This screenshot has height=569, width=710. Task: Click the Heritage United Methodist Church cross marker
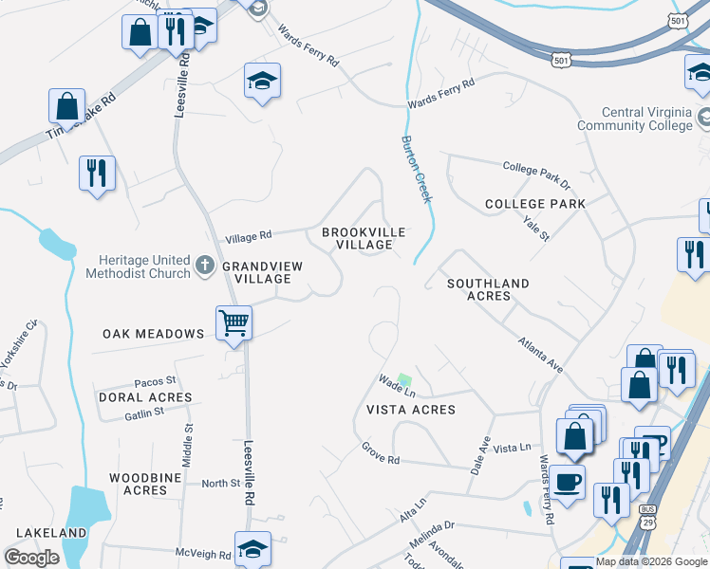(205, 266)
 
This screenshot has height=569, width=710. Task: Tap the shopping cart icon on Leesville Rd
(234, 323)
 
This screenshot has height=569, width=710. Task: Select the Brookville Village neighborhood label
(364, 238)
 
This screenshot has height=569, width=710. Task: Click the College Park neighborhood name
(534, 204)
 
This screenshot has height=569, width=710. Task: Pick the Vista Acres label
(411, 410)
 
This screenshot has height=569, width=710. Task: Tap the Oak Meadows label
(154, 334)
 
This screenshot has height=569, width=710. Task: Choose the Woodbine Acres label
(145, 484)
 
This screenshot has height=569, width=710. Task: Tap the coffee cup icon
(568, 482)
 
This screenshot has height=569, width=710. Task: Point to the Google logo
(32, 558)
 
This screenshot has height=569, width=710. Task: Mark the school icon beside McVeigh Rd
(252, 550)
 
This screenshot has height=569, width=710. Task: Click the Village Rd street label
(249, 235)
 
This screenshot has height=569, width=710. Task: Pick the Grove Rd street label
(380, 453)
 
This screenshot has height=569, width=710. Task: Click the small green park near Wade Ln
(405, 379)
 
